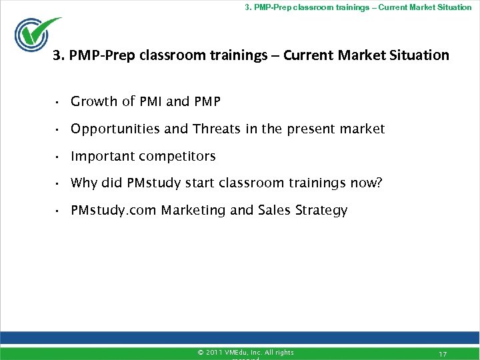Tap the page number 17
click(x=443, y=353)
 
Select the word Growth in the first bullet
click(x=94, y=101)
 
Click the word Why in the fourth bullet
click(x=83, y=183)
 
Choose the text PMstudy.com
click(x=113, y=211)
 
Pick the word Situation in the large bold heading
click(x=418, y=55)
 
